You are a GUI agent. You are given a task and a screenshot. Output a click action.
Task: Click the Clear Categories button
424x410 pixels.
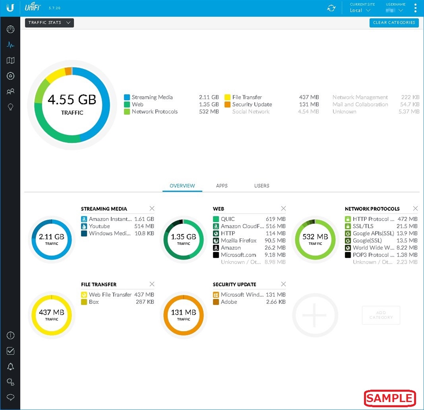394,23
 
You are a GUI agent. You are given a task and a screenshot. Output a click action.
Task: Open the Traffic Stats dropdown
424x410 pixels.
49,23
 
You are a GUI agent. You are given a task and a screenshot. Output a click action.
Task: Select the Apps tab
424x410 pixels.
222,186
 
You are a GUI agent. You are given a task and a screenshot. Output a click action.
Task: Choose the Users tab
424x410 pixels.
262,186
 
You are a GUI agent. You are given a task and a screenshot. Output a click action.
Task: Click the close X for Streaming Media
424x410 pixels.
152,209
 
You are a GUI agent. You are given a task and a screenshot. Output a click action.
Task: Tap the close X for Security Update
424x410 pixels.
284,284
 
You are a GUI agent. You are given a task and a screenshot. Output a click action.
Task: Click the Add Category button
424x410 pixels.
381,315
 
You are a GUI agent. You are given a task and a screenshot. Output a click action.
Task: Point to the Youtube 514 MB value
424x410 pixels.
144,226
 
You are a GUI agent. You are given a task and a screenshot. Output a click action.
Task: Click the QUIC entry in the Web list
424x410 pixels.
228,219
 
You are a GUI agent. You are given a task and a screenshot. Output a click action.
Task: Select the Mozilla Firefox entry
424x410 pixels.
238,240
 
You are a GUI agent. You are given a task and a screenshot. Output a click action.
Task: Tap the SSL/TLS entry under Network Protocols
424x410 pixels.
363,226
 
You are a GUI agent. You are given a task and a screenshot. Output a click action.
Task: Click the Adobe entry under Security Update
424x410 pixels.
229,302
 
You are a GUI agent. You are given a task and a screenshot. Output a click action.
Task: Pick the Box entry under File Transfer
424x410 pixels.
94,302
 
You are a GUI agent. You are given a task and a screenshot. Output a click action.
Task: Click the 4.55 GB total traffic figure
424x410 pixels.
72,100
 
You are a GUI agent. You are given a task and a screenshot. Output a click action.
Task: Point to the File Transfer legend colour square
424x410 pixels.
228,97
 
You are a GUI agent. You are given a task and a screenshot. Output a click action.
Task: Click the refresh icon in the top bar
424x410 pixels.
331,8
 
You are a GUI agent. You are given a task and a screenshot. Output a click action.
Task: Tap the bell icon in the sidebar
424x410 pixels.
11,366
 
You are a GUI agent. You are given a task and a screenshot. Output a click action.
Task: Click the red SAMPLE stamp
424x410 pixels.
390,398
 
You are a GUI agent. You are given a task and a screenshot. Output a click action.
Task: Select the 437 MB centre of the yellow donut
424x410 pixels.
52,313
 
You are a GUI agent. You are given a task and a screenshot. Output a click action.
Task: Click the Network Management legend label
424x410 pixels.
360,97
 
